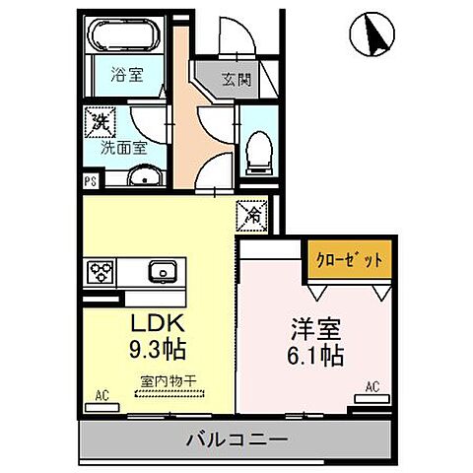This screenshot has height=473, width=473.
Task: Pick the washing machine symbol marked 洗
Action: tap(100, 122)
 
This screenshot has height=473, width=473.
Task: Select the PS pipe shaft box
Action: tap(90, 180)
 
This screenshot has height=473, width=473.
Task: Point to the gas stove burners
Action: tap(102, 270)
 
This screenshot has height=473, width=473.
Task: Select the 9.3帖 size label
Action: tap(156, 350)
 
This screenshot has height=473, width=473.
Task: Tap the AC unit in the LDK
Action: tap(101, 396)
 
